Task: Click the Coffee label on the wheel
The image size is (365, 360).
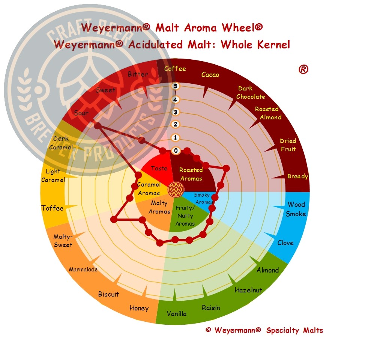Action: pos(175,68)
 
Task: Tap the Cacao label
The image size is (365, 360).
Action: pos(210,75)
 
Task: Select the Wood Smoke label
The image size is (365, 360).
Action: pos(296,209)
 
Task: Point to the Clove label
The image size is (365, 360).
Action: pos(285,243)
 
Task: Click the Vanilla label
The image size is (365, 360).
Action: pos(177,313)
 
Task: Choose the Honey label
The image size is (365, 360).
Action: pos(139,308)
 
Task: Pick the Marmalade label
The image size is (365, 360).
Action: pos(83,270)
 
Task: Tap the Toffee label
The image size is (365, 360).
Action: pos(53,208)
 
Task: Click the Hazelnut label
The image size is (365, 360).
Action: pos(248,290)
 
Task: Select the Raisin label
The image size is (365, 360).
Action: pos(211,308)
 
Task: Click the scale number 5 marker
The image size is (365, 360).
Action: pos(176,86)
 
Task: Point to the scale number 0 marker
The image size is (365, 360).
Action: pos(176,151)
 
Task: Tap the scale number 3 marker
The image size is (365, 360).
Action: pos(176,112)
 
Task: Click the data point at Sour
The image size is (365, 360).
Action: pos(98,126)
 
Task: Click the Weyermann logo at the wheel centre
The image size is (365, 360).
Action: pos(176,189)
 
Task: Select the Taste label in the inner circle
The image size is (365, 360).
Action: pos(159,168)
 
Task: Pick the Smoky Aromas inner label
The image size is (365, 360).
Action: pos(203,199)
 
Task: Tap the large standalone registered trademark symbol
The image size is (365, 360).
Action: pos(303,69)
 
